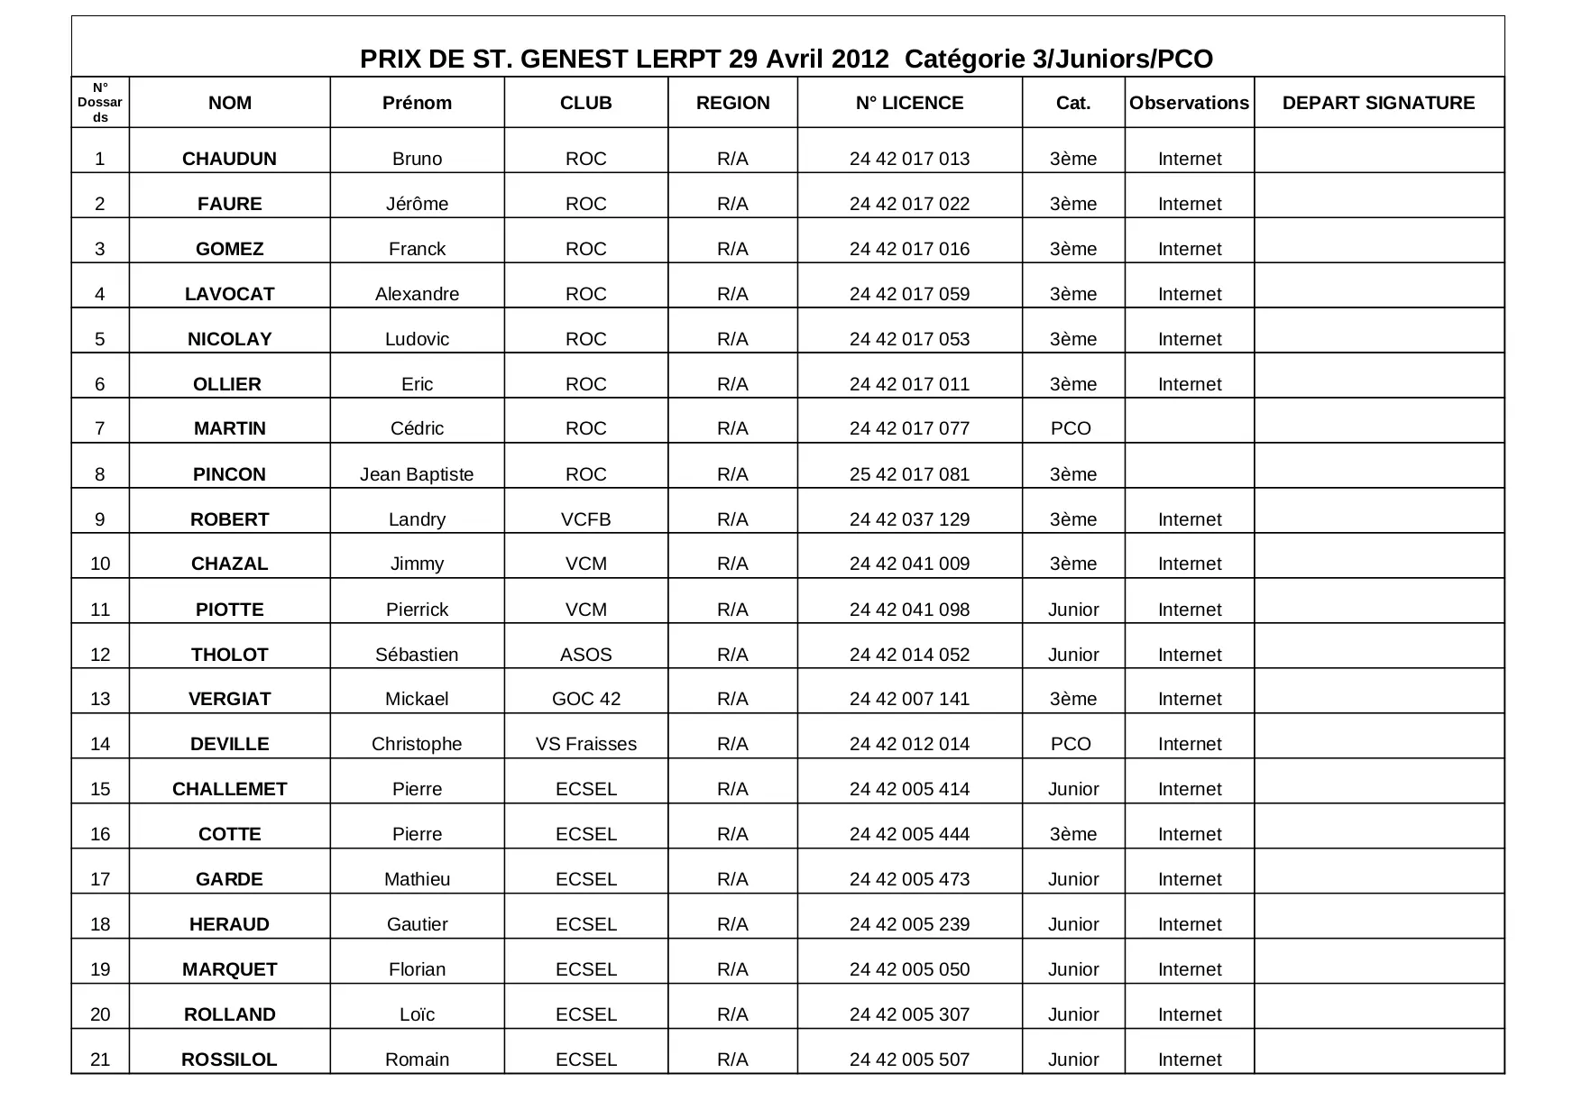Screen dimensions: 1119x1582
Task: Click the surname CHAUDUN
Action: pyautogui.click(x=229, y=159)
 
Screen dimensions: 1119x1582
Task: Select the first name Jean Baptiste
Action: pyautogui.click(x=417, y=474)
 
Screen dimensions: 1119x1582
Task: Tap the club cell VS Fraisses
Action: pyautogui.click(x=585, y=744)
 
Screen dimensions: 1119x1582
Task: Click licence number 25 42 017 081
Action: pyautogui.click(x=909, y=474)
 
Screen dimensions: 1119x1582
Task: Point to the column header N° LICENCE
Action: pyautogui.click(x=909, y=103)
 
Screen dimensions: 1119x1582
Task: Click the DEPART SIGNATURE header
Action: pyautogui.click(x=1378, y=103)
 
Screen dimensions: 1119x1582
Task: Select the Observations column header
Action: pyautogui.click(x=1189, y=103)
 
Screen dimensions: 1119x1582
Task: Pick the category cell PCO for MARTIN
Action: pyautogui.click(x=1071, y=428)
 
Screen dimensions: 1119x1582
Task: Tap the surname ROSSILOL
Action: pyautogui.click(x=229, y=1059)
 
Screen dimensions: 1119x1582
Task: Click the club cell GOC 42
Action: pyautogui.click(x=585, y=699)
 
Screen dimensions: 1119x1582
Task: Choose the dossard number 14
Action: pyautogui.click(x=100, y=744)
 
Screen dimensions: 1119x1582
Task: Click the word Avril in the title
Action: pyautogui.click(x=795, y=60)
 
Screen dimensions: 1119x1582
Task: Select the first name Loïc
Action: pyautogui.click(x=417, y=1014)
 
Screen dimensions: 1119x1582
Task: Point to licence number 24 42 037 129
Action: pyautogui.click(x=909, y=519)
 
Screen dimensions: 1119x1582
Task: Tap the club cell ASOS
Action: pyautogui.click(x=585, y=655)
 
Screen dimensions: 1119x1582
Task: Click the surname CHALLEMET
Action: pyautogui.click(x=229, y=789)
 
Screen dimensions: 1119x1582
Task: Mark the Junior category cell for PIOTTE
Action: pyautogui.click(x=1073, y=610)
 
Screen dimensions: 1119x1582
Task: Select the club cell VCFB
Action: pyautogui.click(x=585, y=519)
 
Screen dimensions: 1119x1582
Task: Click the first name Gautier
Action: pyautogui.click(x=417, y=924)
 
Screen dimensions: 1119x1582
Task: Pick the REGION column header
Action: pyautogui.click(x=732, y=103)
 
